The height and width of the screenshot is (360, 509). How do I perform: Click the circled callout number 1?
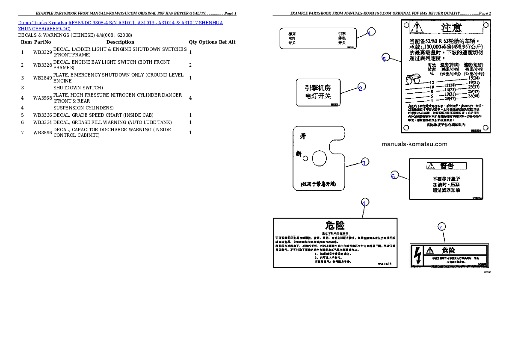[371, 32]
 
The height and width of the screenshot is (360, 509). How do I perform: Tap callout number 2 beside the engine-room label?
[361, 88]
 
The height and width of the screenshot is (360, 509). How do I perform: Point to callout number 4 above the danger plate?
[364, 203]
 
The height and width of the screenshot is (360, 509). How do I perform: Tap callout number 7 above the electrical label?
[441, 227]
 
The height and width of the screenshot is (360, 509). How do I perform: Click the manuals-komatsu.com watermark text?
[414, 144]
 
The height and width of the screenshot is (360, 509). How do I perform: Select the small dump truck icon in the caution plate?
[413, 79]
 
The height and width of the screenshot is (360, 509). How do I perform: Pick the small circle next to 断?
[305, 159]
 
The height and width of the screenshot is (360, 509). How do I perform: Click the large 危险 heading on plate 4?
[335, 225]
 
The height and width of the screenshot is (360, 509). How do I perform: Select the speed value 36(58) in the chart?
[473, 96]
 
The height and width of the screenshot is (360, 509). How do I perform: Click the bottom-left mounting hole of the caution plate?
[406, 127]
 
